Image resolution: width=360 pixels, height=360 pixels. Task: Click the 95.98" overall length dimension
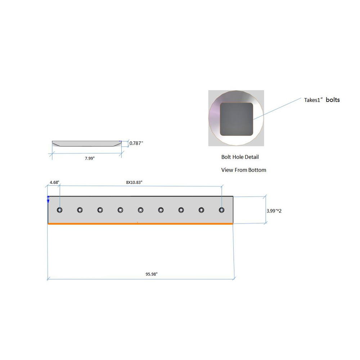(152, 274)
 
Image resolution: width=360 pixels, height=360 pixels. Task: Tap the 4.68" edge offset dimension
(54, 182)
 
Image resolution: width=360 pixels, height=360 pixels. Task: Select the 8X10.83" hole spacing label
(134, 182)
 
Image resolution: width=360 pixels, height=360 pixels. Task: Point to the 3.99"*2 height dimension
(274, 211)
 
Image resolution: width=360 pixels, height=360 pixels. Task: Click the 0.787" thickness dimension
(136, 143)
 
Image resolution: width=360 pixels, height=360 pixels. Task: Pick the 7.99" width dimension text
(90, 158)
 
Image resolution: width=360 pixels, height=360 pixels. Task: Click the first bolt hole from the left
(60, 210)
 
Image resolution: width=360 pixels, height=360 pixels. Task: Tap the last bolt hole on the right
(221, 210)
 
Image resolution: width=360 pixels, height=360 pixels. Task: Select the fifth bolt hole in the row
(140, 210)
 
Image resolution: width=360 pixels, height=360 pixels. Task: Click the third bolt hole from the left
(100, 210)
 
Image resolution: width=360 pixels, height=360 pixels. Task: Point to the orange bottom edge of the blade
(140, 224)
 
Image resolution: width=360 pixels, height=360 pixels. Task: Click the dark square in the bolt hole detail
(237, 119)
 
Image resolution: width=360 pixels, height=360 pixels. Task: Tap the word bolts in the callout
(333, 100)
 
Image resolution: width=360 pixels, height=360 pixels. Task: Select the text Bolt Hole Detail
(240, 157)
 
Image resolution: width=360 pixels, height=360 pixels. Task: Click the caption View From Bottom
(244, 170)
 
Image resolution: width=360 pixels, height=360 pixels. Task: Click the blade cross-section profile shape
(87, 144)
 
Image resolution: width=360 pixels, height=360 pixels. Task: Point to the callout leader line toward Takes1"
(277, 109)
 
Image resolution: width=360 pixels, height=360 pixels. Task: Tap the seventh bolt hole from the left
(181, 210)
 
